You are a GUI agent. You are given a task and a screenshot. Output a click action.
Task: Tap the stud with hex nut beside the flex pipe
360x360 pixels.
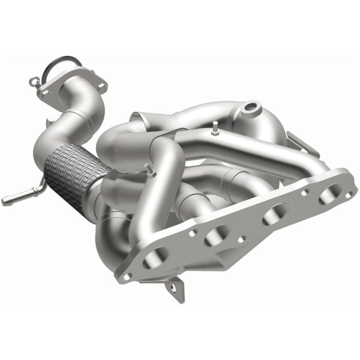click(147, 171)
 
